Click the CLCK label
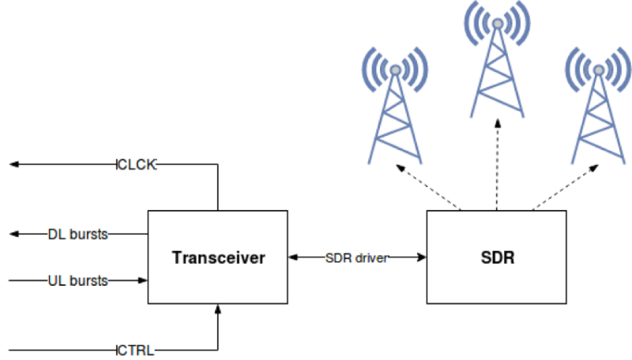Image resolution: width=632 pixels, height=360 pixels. click(x=136, y=165)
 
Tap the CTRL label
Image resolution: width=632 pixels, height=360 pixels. click(x=135, y=350)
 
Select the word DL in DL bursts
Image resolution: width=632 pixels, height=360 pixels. click(x=56, y=235)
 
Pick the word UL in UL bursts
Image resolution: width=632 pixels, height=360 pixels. click(x=56, y=281)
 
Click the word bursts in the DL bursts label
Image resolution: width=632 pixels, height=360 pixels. click(x=88, y=235)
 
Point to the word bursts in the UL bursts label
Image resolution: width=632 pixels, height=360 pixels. click(x=88, y=281)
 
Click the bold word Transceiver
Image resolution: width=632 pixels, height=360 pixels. click(x=218, y=257)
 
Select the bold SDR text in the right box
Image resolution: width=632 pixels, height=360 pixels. click(x=497, y=257)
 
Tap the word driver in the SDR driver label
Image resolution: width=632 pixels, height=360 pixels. click(x=371, y=258)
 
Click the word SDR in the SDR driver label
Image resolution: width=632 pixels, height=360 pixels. click(x=338, y=258)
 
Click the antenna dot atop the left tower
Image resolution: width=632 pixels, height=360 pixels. click(x=394, y=70)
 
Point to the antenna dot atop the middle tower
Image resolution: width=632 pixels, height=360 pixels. click(x=497, y=24)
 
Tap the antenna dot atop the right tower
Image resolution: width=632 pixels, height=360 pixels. click(x=599, y=70)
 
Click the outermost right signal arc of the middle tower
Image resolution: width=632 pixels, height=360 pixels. click(x=528, y=22)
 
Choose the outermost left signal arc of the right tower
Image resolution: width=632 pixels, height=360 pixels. click(x=568, y=69)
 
